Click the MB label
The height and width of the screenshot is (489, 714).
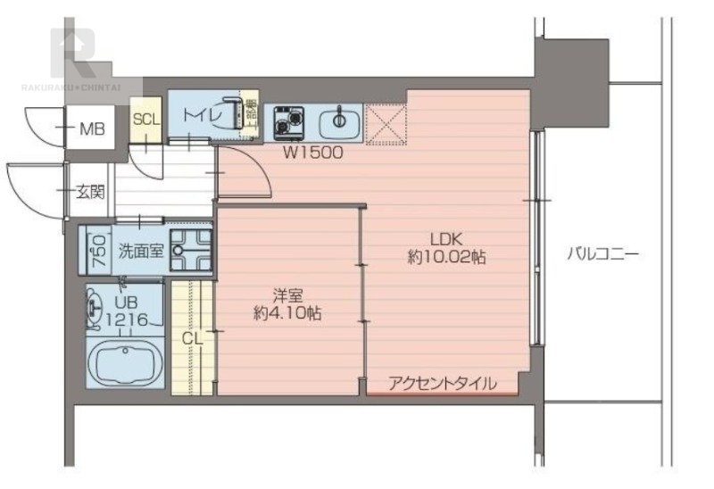[92, 130]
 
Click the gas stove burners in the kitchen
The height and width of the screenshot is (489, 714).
[288, 120]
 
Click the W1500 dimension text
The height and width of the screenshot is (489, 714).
[313, 153]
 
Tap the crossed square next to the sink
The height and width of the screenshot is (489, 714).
[386, 123]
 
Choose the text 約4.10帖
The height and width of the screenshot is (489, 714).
[287, 313]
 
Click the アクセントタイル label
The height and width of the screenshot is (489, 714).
[443, 384]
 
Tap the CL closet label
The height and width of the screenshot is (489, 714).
[193, 338]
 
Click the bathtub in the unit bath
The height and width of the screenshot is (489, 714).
[126, 361]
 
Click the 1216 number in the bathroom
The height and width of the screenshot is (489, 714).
[125, 319]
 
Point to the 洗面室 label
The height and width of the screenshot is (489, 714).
[141, 251]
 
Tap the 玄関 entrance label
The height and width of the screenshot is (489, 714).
[90, 190]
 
